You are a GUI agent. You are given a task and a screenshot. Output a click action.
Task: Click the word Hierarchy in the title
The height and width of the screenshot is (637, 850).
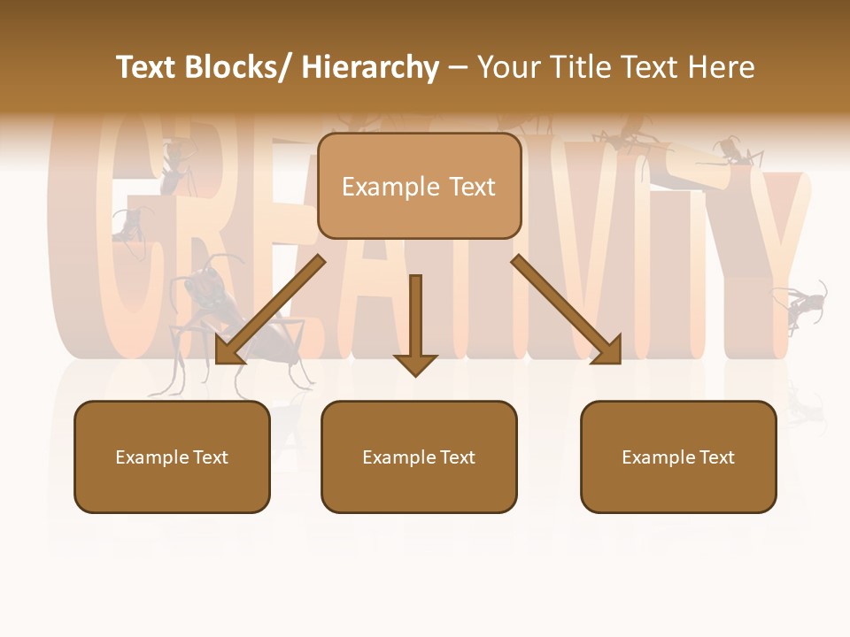tap(370, 68)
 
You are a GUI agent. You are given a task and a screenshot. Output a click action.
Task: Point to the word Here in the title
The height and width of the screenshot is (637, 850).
tap(721, 68)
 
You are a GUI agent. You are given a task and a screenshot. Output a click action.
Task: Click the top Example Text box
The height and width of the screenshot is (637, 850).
tap(419, 187)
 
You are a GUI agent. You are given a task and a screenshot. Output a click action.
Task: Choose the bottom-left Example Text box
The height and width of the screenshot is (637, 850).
tap(172, 457)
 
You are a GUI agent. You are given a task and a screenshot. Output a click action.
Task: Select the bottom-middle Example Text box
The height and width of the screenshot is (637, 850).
tap(419, 457)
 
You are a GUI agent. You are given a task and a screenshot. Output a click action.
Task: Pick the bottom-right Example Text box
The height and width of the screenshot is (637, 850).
tap(678, 457)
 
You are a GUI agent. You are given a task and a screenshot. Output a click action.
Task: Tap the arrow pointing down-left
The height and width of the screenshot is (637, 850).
tap(269, 311)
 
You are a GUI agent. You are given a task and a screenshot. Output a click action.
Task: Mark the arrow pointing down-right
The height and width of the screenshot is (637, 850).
tap(567, 310)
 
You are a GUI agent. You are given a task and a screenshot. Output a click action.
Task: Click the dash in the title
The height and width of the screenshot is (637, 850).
tap(458, 68)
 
